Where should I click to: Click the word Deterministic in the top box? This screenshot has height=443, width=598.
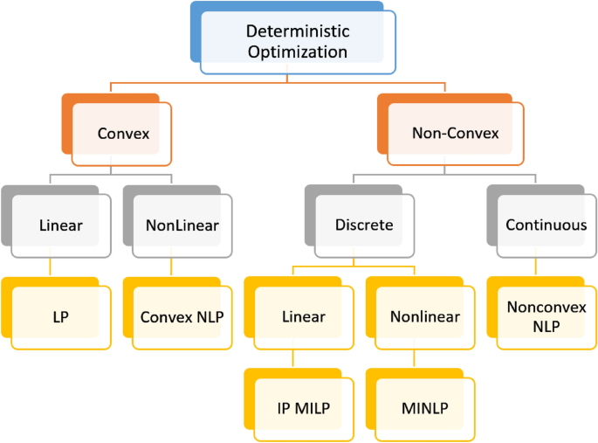298,31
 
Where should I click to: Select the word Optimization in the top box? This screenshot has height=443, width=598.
298,52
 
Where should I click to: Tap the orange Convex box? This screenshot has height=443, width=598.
121,134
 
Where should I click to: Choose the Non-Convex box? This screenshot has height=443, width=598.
455,134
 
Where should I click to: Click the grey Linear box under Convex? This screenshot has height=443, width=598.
61,225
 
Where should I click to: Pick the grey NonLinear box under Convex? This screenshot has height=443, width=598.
182,225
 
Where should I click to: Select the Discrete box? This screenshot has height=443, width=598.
364,225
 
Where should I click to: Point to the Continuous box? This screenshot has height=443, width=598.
546,225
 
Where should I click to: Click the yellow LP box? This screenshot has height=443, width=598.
61,317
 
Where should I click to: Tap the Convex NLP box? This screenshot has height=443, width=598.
182,317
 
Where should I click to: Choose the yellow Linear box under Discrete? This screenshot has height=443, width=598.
303,317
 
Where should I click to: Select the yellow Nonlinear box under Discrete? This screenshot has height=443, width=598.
424,317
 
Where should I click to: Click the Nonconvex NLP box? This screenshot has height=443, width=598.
546,317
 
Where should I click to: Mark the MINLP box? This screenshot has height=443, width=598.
424,408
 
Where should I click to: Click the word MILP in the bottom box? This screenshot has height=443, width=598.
316,408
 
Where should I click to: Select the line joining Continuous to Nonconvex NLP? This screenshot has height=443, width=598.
536,266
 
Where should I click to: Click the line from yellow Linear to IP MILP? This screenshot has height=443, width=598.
293,358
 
